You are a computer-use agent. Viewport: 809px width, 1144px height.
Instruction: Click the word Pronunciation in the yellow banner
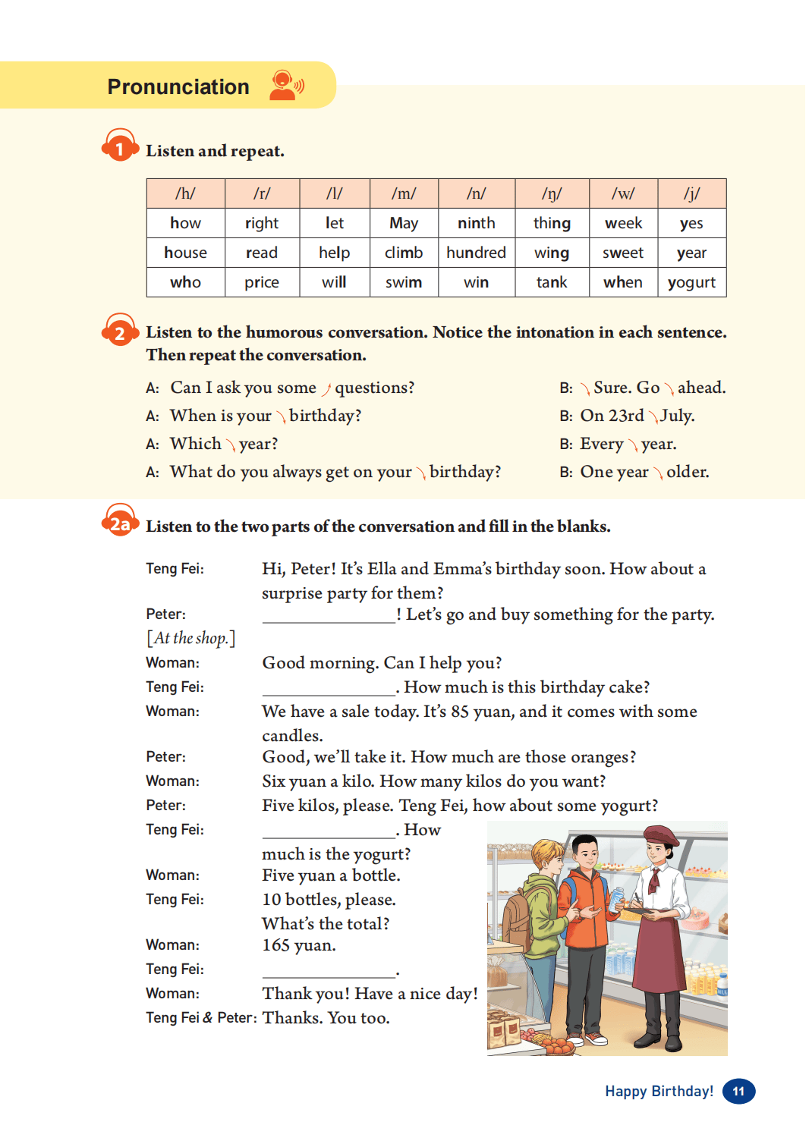[x=178, y=87]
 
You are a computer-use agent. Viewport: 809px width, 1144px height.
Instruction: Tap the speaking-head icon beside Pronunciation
[x=286, y=85]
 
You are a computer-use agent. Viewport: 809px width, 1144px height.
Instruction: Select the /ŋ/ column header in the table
[x=552, y=193]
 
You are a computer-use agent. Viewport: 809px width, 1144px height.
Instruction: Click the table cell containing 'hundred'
[x=476, y=253]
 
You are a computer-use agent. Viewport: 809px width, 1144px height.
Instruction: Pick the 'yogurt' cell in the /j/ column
[x=691, y=282]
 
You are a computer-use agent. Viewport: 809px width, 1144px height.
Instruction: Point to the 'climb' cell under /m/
[x=403, y=253]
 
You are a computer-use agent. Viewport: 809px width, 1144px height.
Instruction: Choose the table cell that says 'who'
[x=185, y=282]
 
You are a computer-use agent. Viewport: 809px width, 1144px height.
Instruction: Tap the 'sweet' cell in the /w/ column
[x=623, y=253]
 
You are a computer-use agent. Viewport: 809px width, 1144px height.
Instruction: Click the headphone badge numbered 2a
[x=120, y=522]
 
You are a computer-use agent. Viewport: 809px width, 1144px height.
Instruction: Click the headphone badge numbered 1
[x=120, y=146]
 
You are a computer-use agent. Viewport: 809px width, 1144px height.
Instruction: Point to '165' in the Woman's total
[x=276, y=945]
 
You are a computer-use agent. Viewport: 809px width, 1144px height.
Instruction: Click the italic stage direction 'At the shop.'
[x=191, y=638]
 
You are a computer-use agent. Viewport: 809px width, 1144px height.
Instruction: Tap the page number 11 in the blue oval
[x=738, y=1091]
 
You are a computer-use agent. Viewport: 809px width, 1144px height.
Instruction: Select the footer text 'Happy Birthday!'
[x=659, y=1091]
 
